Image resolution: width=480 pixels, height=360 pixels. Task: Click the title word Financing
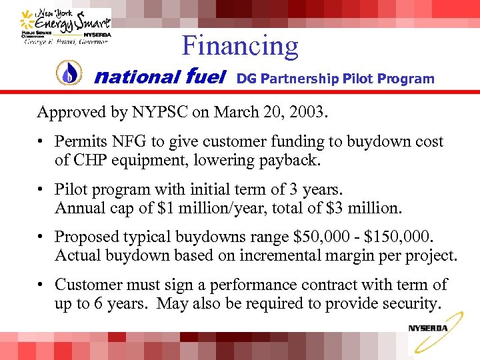click(239, 45)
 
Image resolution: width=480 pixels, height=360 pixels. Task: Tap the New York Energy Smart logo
click(66, 27)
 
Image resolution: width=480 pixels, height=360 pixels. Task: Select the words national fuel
click(160, 78)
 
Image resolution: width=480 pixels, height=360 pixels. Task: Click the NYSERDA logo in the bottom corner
click(428, 327)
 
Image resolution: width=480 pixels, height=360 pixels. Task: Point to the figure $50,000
click(303, 237)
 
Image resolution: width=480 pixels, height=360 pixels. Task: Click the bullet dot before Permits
click(41, 142)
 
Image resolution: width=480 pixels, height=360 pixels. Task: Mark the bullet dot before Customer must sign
click(41, 285)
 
